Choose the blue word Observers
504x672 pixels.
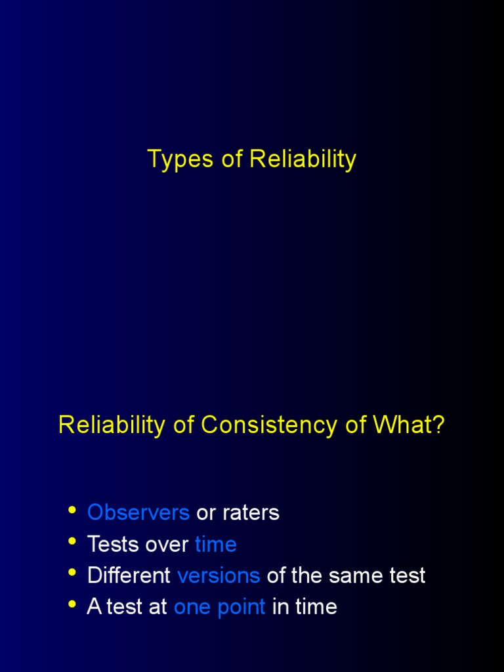pos(138,513)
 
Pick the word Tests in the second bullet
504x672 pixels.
pos(112,544)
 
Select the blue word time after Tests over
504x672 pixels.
pos(216,544)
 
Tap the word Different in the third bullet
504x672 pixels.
pos(129,576)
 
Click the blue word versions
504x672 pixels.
pos(219,576)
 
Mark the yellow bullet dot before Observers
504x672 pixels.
pos(72,511)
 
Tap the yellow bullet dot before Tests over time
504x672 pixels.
pos(72,542)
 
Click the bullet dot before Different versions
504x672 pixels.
pos(72,574)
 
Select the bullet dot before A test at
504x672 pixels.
pos(72,605)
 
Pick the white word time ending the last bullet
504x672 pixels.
pos(316,607)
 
